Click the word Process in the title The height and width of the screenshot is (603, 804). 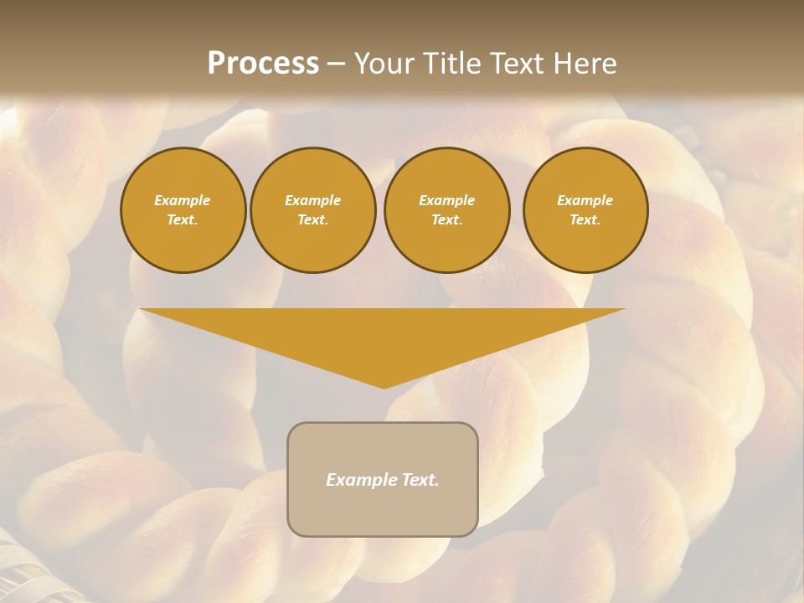(263, 64)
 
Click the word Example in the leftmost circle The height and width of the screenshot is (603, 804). (183, 200)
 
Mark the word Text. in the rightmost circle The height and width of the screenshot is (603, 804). (585, 220)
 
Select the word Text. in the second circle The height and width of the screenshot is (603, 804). (312, 220)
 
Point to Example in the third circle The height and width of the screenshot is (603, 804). (446, 200)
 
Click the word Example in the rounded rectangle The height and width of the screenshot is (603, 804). (358, 480)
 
